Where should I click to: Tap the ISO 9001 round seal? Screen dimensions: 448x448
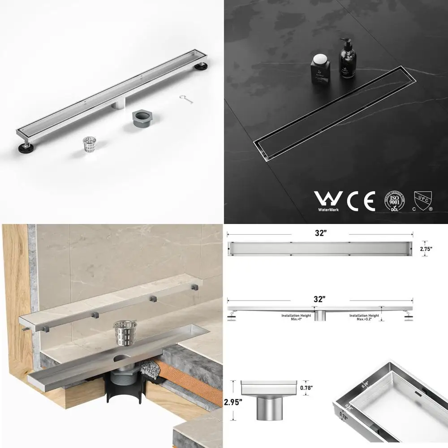[x=394, y=202]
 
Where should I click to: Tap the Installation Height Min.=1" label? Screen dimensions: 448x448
[x=296, y=317]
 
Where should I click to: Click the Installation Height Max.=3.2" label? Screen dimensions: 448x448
[x=365, y=317]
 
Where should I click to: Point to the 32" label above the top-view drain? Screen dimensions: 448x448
[x=319, y=233]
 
